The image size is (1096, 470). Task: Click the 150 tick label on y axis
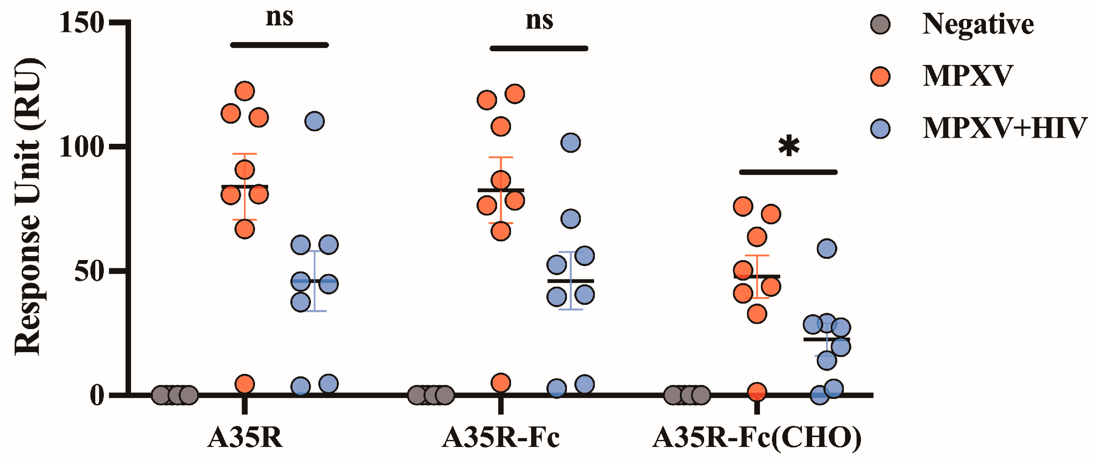pyautogui.click(x=82, y=23)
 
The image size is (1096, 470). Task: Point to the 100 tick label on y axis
pyautogui.click(x=82, y=147)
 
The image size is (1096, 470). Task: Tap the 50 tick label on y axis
pyautogui.click(x=90, y=272)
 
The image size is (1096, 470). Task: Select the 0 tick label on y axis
pyautogui.click(x=97, y=396)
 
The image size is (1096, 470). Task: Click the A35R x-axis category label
pyautogui.click(x=245, y=437)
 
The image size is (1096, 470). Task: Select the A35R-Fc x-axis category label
pyautogui.click(x=501, y=437)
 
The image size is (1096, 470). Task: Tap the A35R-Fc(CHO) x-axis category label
pyautogui.click(x=757, y=437)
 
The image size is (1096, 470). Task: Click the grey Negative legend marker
pyautogui.click(x=880, y=25)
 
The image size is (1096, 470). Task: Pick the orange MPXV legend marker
pyautogui.click(x=880, y=77)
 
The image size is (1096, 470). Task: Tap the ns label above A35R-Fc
pyautogui.click(x=539, y=21)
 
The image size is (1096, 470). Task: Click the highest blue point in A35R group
pyautogui.click(x=314, y=121)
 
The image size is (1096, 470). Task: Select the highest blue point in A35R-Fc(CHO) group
pyautogui.click(x=827, y=249)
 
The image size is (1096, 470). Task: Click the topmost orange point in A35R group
pyautogui.click(x=245, y=91)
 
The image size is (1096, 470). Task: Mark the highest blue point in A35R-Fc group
pyautogui.click(x=571, y=143)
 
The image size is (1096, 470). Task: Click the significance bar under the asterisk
pyautogui.click(x=788, y=172)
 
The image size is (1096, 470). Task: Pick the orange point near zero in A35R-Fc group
pyautogui.click(x=501, y=383)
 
